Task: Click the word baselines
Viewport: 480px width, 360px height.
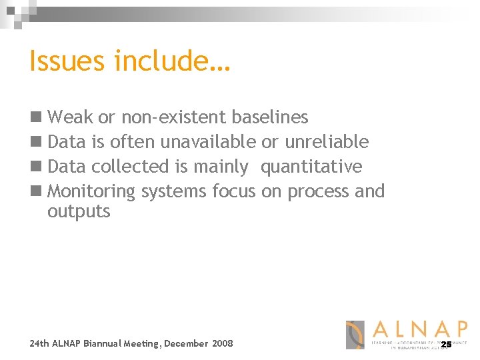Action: click(x=269, y=117)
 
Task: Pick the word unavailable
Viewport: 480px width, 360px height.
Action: click(x=208, y=141)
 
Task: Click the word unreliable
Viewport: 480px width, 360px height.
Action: click(x=327, y=141)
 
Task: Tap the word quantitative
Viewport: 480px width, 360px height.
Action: click(x=311, y=167)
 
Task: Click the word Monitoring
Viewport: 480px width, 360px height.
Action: click(x=91, y=191)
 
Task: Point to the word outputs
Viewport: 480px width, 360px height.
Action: click(x=79, y=212)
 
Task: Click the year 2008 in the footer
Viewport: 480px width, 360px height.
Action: click(x=223, y=343)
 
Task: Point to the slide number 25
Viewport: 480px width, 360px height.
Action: click(x=446, y=344)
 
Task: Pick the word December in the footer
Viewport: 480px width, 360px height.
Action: click(x=186, y=343)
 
